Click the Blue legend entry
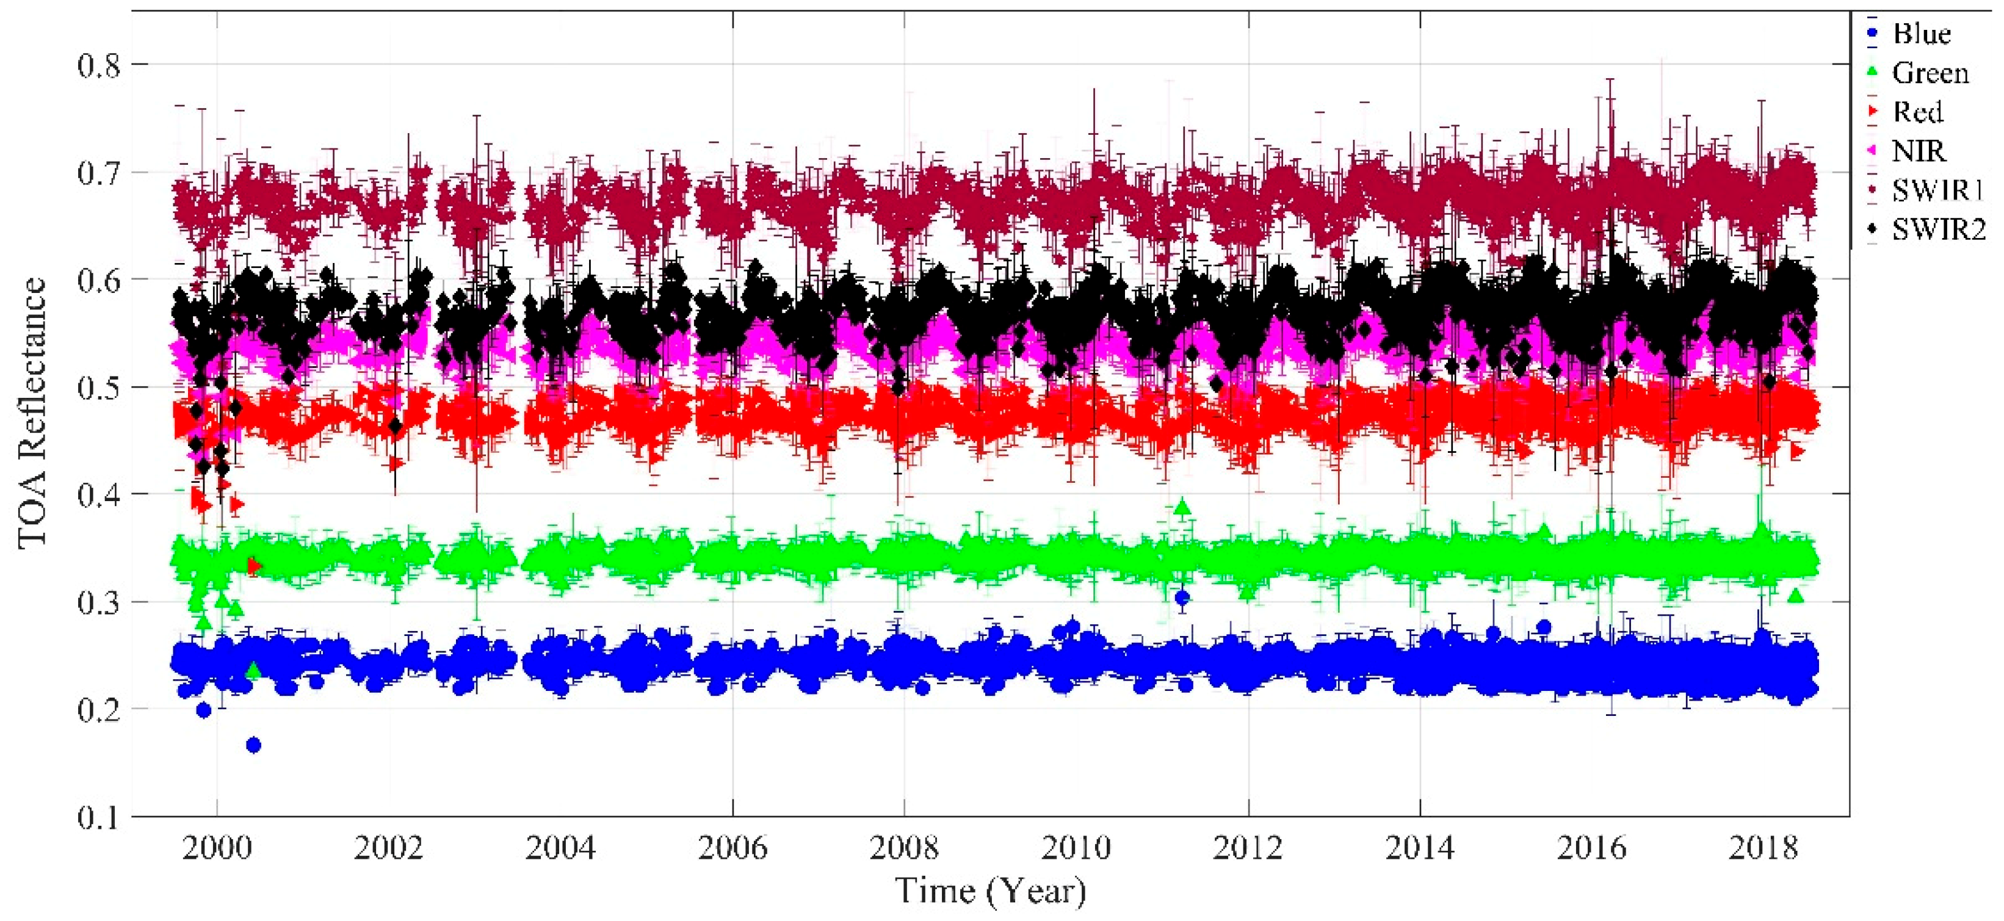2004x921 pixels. pos(1921,34)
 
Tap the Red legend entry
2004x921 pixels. pos(1918,112)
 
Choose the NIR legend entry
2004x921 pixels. pos(1919,151)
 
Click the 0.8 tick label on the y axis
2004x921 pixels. pos(99,65)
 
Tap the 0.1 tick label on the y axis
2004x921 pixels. pos(99,817)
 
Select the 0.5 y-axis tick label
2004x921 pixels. pos(99,388)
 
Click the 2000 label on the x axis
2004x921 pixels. pos(217,848)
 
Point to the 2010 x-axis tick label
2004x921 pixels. pos(1076,848)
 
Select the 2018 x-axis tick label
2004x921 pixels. pos(1763,848)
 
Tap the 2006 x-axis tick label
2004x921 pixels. pos(732,848)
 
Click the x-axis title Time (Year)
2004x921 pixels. pos(990,890)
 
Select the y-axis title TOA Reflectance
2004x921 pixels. pos(33,413)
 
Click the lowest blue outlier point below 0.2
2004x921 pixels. pos(253,745)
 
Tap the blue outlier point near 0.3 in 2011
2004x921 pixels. pos(1182,598)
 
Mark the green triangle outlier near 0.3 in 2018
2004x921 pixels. pos(1795,596)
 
